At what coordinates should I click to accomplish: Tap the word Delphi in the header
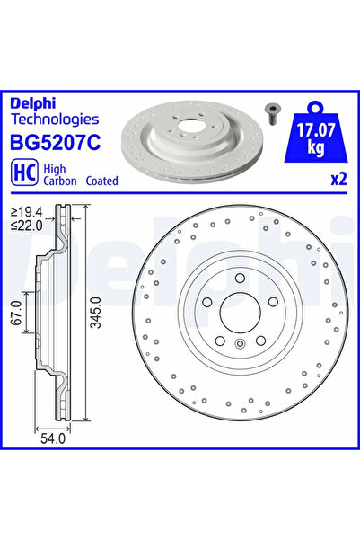[x=32, y=102]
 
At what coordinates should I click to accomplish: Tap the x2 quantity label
[x=338, y=179]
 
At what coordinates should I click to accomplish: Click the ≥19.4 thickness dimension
[x=26, y=212]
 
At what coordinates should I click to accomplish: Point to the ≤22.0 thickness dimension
[x=26, y=224]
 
